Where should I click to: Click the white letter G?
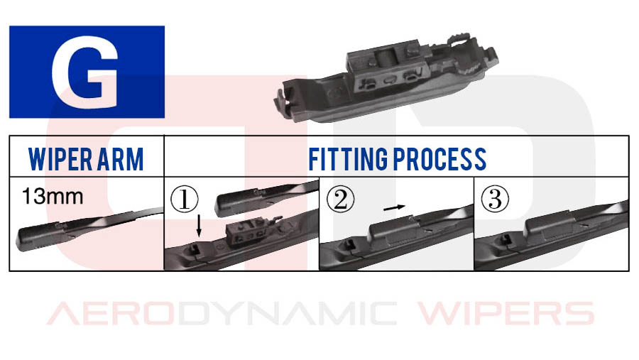(x=84, y=72)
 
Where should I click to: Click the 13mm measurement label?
(x=53, y=196)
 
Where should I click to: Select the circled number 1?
(x=184, y=200)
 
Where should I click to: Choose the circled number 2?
(x=340, y=200)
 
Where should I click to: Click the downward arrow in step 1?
(x=199, y=226)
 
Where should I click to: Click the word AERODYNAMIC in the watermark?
(x=222, y=314)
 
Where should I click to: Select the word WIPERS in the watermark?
(x=506, y=314)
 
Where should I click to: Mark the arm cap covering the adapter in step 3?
(x=550, y=227)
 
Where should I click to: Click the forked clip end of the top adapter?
(x=288, y=99)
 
